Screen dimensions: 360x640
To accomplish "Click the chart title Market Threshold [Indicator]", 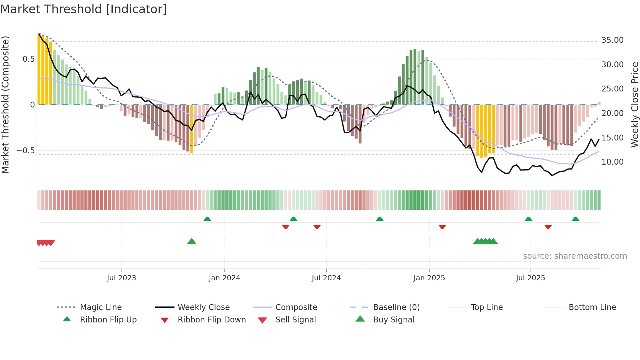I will (84, 9).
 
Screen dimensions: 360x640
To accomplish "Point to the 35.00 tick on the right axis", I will (612, 40).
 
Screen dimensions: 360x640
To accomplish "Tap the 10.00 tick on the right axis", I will (612, 162).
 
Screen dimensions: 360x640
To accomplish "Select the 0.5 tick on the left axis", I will (28, 59).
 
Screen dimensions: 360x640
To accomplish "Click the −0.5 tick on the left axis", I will (26, 151).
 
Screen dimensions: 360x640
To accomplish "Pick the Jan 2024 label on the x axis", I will (224, 278).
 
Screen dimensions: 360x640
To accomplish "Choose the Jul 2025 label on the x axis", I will (530, 278).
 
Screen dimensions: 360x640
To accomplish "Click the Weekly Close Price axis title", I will (634, 105).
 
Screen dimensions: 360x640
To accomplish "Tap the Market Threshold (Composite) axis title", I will (5, 105).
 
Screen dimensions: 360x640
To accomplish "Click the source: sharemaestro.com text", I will (575, 256).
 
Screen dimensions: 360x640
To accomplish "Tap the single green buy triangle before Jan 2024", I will (192, 241).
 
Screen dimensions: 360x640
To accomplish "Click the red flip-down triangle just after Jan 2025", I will (442, 227).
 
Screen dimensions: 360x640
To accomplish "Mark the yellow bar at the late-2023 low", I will (192, 129).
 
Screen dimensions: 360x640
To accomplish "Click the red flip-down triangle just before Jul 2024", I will (317, 227).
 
